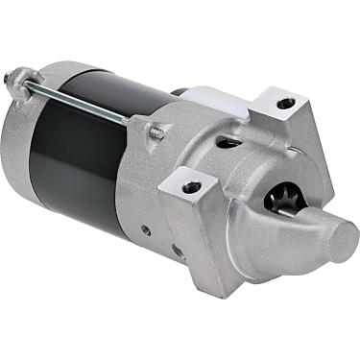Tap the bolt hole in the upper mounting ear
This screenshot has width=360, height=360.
pos(285,103)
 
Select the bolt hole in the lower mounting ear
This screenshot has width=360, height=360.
pos(192,185)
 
